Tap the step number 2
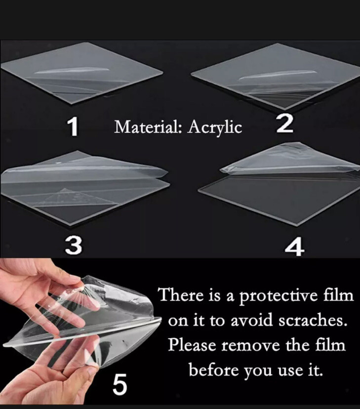point(284,123)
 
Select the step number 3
point(73,245)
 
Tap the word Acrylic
point(215,128)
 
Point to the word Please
point(192,345)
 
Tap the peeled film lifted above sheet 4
point(289,159)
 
